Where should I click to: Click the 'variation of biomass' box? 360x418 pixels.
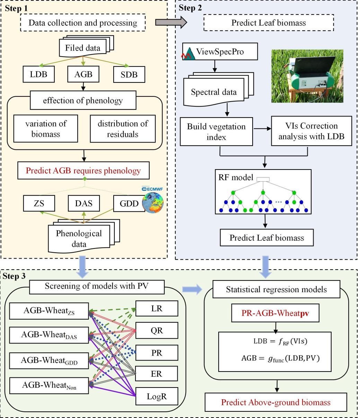pos(46,128)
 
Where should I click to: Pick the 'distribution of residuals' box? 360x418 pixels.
pos(123,128)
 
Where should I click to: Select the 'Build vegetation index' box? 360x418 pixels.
pos(216,131)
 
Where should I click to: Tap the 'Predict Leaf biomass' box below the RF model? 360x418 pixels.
pos(266,238)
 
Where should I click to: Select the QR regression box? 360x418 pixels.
pos(157,331)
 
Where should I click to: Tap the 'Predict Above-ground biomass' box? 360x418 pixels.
pos(276,402)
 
